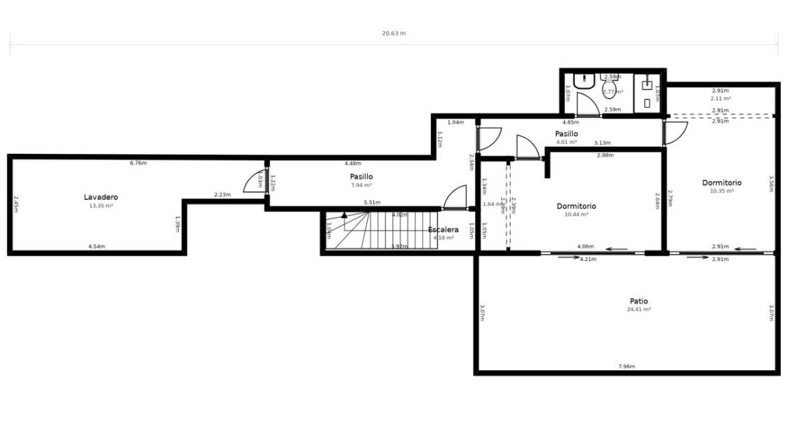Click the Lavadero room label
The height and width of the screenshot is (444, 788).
101,196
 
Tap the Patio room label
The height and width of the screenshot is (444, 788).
637,301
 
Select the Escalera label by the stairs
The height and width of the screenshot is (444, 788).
443,229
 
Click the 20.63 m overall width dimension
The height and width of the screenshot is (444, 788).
393,33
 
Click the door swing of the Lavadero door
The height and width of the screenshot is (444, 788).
253,183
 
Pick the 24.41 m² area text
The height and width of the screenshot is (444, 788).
638,309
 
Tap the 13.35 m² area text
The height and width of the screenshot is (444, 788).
101,206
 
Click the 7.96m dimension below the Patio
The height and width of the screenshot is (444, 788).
625,366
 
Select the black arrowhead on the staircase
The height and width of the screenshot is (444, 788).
344,214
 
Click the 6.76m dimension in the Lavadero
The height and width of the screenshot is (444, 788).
138,163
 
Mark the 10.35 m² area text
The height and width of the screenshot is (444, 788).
721,191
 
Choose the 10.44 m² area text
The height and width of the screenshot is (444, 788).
576,214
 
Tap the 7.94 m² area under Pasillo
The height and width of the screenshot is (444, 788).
361,185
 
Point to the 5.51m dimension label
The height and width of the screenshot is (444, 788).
371,203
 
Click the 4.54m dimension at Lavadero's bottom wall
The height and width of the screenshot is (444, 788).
97,246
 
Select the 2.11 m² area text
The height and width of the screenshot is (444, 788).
721,99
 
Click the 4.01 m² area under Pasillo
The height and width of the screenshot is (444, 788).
566,142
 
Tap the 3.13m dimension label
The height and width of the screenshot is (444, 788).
603,143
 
